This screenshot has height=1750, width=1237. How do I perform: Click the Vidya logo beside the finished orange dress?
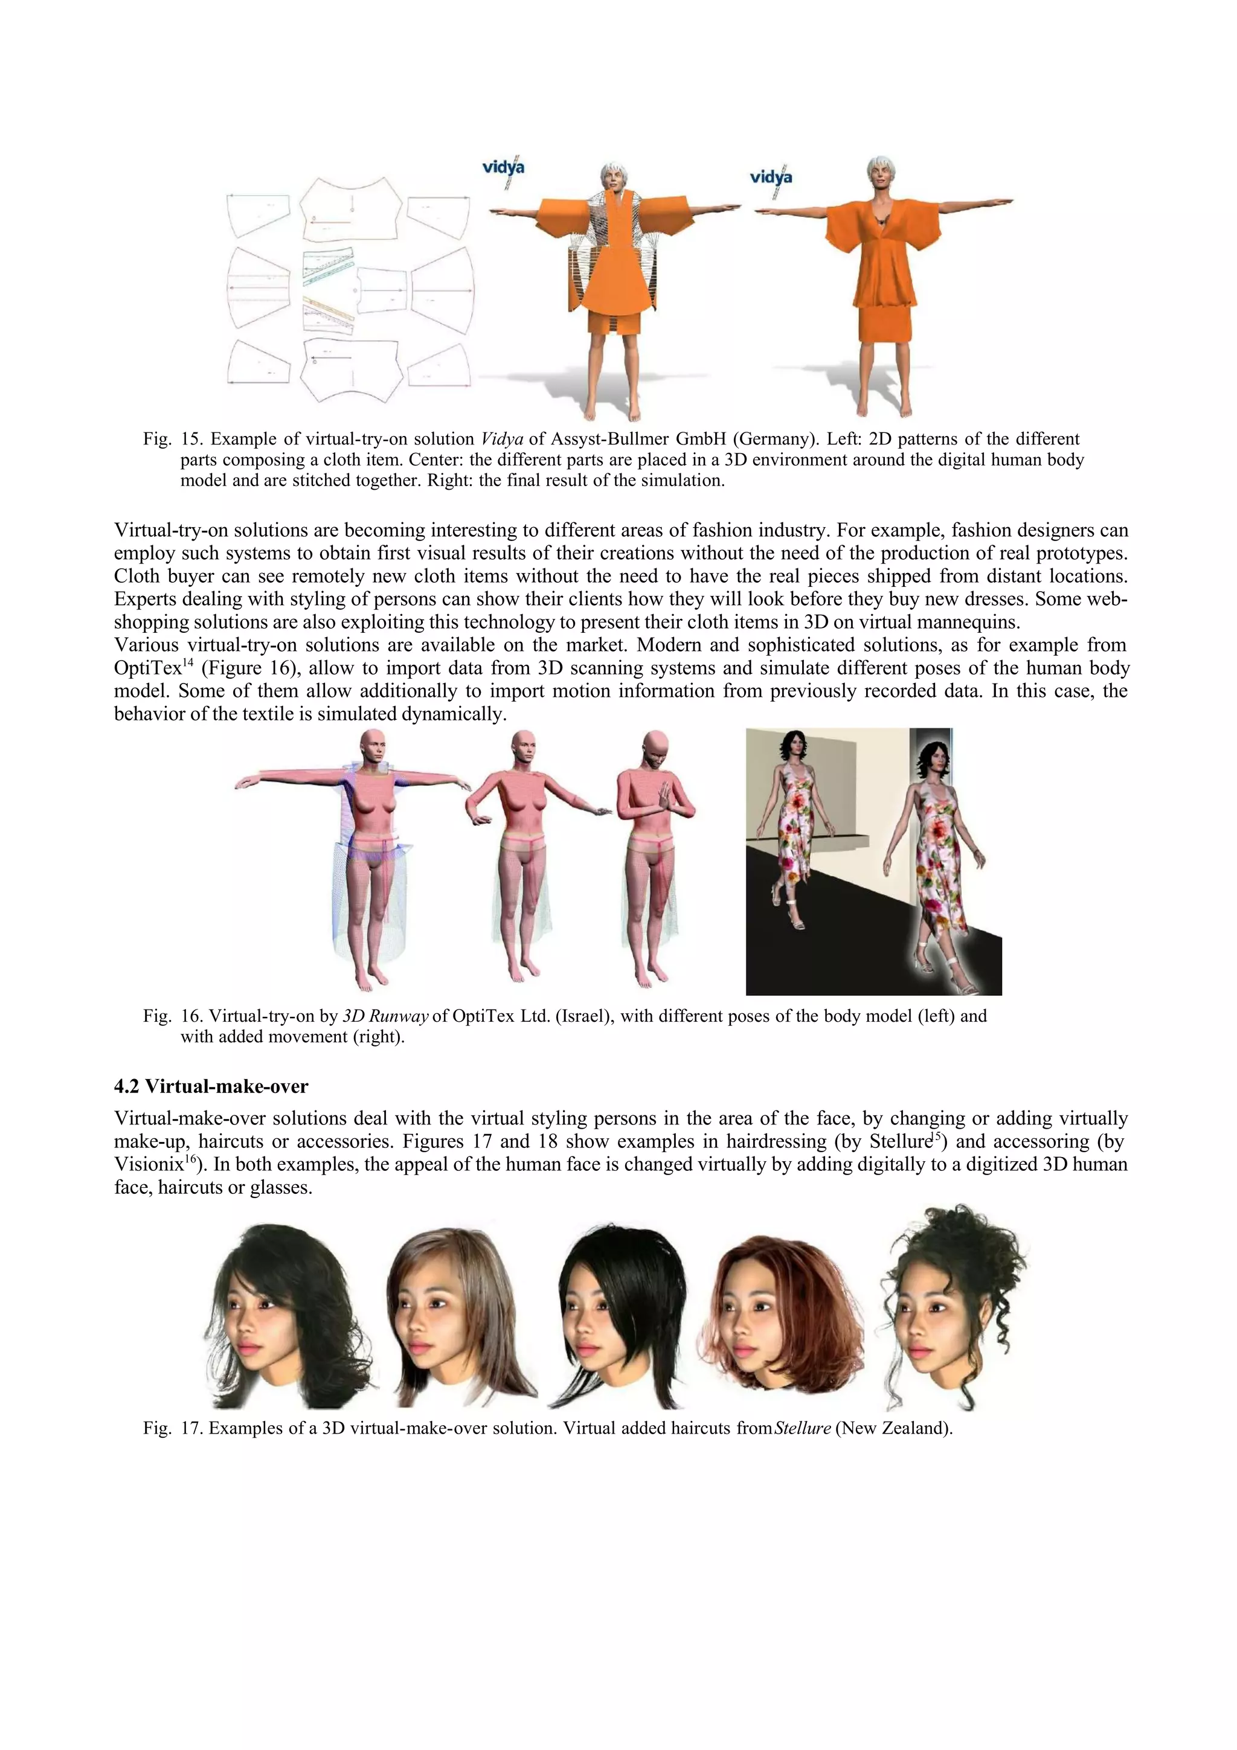click(771, 177)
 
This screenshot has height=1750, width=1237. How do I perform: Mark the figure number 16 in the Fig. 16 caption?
click(190, 1016)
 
